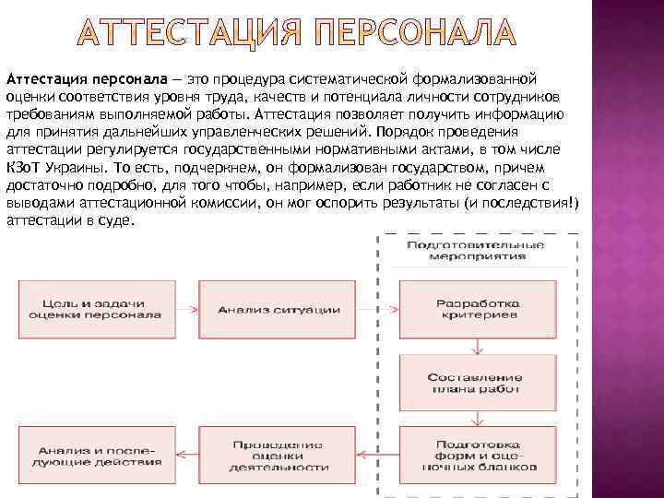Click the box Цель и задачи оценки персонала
pos(94,309)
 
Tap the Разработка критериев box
pos(476,309)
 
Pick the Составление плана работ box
pos(476,384)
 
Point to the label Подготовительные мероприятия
pos(476,249)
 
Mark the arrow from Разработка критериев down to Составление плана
pos(476,346)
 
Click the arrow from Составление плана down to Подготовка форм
pos(476,420)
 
